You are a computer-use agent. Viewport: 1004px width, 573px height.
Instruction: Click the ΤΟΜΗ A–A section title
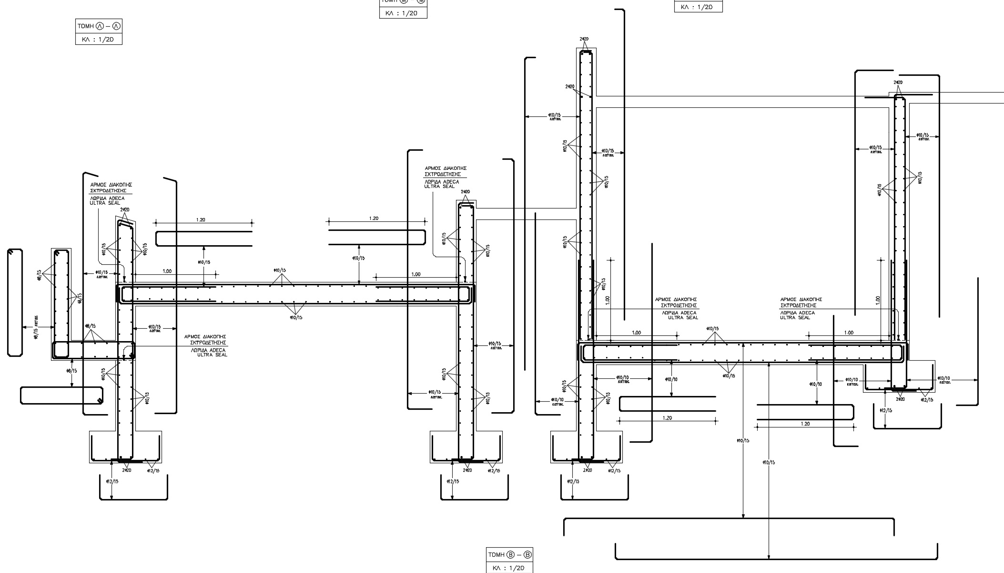coord(99,26)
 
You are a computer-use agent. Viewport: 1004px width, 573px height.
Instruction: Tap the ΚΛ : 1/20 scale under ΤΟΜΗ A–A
coord(99,39)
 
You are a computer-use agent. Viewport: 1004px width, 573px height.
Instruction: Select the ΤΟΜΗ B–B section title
coord(509,555)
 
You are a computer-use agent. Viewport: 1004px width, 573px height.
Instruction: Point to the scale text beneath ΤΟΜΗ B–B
coord(509,568)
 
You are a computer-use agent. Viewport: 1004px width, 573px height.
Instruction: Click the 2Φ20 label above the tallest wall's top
coord(584,39)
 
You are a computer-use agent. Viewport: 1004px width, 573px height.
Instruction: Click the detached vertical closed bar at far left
coord(15,302)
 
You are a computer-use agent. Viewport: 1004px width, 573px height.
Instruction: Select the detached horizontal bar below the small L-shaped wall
coord(61,396)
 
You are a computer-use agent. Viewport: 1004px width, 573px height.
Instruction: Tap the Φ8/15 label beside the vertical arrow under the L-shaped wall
coord(71,371)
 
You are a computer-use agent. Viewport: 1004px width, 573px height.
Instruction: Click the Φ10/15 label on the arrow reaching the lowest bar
coord(769,462)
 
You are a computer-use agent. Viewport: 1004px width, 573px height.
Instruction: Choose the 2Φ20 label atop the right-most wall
coord(898,83)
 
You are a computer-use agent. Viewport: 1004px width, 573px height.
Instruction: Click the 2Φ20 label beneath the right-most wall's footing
coord(900,399)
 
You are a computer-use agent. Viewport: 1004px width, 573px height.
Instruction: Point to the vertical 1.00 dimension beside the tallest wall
coord(608,300)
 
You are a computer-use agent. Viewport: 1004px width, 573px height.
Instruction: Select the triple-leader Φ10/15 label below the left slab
coord(296,317)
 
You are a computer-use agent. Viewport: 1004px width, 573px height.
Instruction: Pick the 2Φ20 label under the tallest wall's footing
coord(588,470)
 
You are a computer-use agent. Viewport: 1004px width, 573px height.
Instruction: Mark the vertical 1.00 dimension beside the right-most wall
coord(878,300)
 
